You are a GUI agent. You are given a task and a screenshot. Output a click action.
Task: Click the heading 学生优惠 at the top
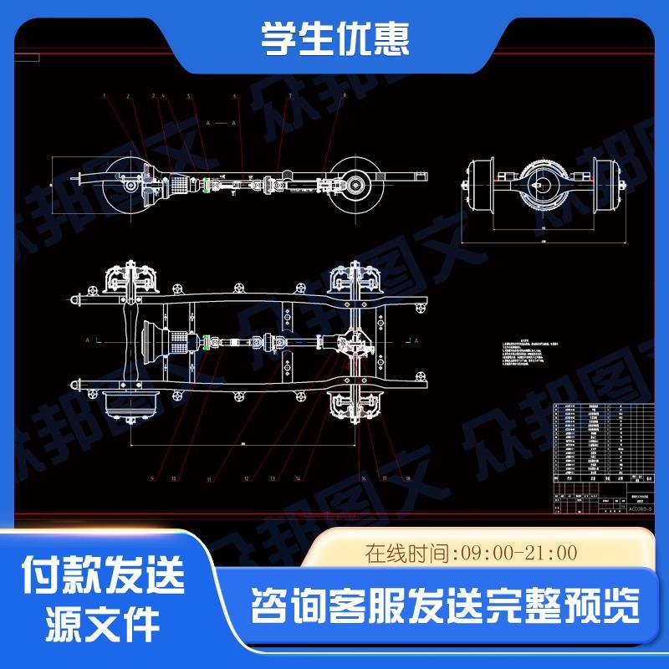click(x=334, y=38)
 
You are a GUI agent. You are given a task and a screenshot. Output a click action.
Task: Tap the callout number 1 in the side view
click(x=105, y=97)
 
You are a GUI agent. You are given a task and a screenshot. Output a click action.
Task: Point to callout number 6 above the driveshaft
click(x=237, y=97)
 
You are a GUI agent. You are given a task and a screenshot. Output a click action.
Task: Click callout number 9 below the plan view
click(x=153, y=478)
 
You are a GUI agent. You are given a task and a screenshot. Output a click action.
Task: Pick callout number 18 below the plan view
click(x=407, y=478)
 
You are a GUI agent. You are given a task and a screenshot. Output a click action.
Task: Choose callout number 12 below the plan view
click(x=247, y=478)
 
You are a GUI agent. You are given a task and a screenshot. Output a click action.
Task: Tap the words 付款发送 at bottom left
click(x=104, y=576)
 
